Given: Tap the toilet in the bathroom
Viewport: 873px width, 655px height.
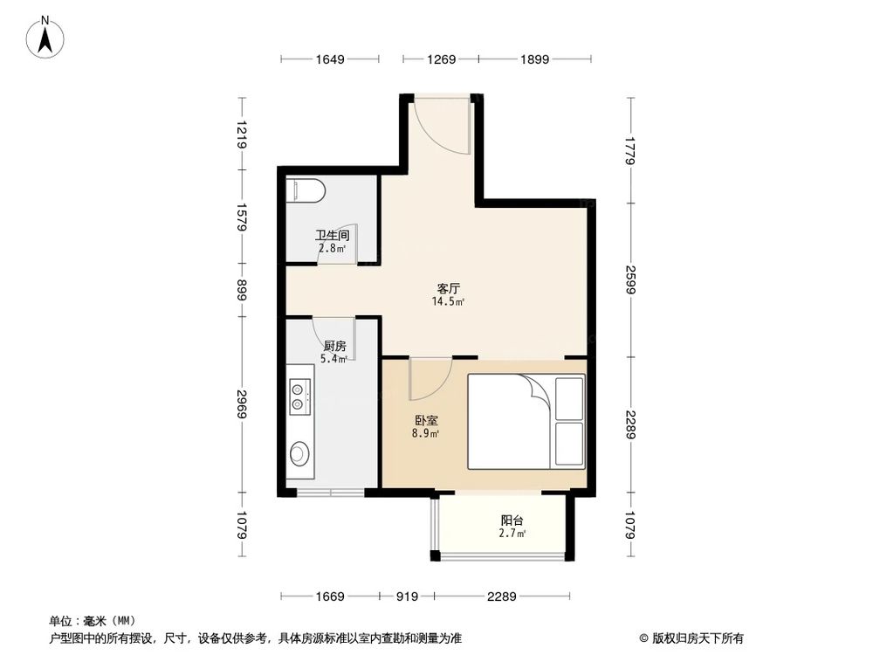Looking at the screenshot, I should pos(306,190).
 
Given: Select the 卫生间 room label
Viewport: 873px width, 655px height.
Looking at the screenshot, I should pos(332,236).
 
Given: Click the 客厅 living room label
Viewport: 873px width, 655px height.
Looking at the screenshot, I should pos(449,287).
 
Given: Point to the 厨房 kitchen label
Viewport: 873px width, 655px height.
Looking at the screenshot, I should pos(334,346).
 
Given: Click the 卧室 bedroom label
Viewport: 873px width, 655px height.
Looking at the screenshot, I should pos(426,420).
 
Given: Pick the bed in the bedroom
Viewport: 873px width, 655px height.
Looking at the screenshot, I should pos(526,420).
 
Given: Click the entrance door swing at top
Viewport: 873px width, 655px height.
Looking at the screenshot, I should pos(443,124).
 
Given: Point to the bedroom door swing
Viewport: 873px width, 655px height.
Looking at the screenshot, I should pos(429,376).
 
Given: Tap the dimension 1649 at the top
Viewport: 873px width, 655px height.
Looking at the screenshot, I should pos(330,59).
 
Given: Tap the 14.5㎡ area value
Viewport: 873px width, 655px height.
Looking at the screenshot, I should pos(448,301).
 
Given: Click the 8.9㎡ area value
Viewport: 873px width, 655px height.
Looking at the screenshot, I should pos(425,433).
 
